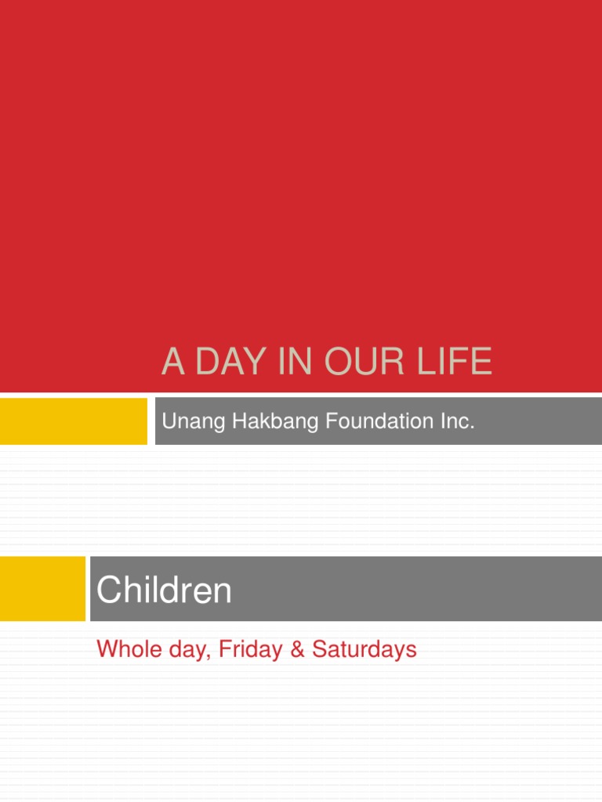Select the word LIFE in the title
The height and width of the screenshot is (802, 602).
[454, 363]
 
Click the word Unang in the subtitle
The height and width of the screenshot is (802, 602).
[187, 422]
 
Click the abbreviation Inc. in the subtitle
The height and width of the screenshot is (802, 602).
[458, 421]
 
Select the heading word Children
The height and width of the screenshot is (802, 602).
[164, 590]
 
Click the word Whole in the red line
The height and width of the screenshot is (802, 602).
[121, 649]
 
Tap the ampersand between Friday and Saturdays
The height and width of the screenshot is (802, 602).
[297, 649]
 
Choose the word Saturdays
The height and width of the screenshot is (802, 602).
[364, 649]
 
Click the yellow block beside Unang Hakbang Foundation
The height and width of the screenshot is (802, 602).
[73, 421]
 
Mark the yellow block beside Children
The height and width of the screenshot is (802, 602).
[42, 588]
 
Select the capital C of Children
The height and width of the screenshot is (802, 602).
[107, 590]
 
